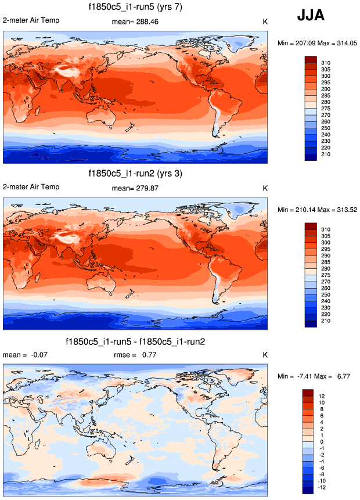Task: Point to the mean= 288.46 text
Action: point(135,21)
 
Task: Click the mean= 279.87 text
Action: point(135,188)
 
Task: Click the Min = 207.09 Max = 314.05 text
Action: point(317,43)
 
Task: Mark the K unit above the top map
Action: point(264,21)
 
